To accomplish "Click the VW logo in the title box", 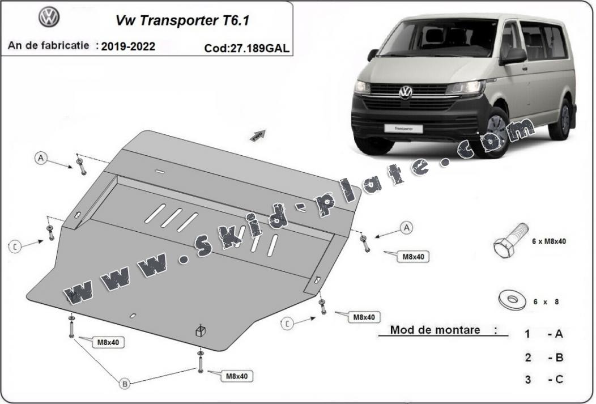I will pyautogui.click(x=49, y=18).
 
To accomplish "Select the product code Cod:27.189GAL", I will pyautogui.click(x=246, y=48).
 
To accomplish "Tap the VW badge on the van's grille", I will pyautogui.click(x=406, y=92).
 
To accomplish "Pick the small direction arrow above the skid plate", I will pyautogui.click(x=258, y=134).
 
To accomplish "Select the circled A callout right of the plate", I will pyautogui.click(x=406, y=228).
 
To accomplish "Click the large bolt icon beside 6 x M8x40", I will pyautogui.click(x=508, y=241).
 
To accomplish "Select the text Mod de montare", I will pyautogui.click(x=435, y=330).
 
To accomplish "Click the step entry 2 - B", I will pyautogui.click(x=543, y=357).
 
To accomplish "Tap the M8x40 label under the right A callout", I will pyautogui.click(x=413, y=257).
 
